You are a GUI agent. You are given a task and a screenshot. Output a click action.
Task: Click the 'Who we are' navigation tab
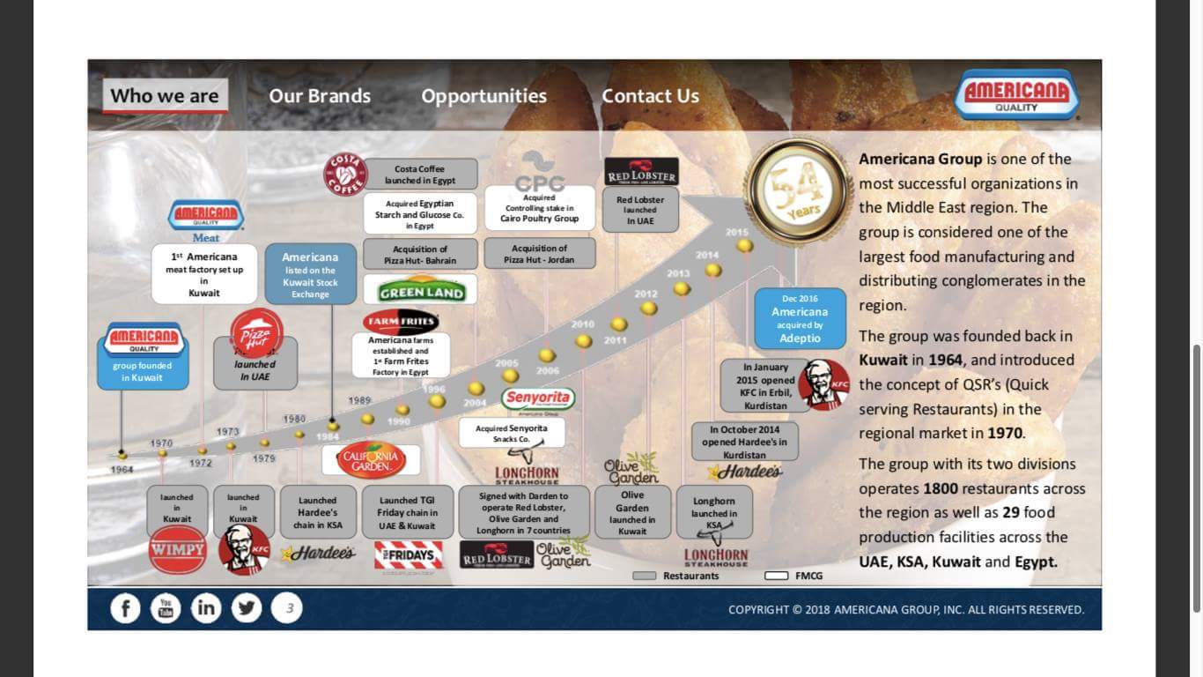click(165, 96)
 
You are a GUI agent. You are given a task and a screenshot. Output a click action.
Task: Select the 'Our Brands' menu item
click(320, 96)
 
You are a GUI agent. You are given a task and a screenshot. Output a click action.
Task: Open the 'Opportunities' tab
click(483, 96)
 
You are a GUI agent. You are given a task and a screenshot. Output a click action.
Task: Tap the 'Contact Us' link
click(650, 96)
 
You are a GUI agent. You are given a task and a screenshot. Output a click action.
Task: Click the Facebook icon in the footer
click(125, 608)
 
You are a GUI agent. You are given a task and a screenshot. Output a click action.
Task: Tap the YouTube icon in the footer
click(166, 608)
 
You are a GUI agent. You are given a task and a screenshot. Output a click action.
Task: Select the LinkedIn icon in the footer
click(206, 608)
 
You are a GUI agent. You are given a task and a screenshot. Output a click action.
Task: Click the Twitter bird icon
click(247, 608)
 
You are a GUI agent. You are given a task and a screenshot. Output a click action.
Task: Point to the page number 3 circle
click(287, 608)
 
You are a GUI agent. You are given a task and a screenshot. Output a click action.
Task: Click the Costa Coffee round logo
click(345, 174)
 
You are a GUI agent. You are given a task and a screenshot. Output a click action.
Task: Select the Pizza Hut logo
click(256, 332)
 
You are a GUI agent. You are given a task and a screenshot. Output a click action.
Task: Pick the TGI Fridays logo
click(409, 555)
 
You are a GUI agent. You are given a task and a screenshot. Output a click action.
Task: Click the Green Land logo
click(421, 292)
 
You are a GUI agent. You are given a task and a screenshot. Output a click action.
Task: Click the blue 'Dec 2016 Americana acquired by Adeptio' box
click(800, 318)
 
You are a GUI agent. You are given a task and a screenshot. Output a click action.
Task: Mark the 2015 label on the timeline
click(737, 233)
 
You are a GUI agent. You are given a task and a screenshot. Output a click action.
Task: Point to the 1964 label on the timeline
click(122, 470)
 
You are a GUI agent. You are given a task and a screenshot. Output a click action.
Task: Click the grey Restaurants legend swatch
click(645, 576)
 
